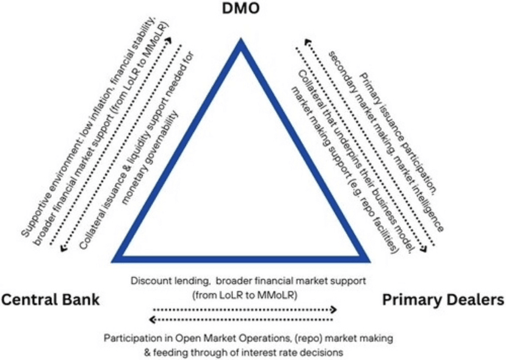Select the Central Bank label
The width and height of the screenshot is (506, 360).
[x=50, y=300]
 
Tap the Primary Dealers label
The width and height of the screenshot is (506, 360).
[x=443, y=300]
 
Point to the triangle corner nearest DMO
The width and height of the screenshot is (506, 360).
[x=242, y=44]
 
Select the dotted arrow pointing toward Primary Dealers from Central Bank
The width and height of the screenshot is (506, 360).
[x=244, y=309]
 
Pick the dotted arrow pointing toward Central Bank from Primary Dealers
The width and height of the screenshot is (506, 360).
[x=244, y=319]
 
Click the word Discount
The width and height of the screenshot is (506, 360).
[x=150, y=281]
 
